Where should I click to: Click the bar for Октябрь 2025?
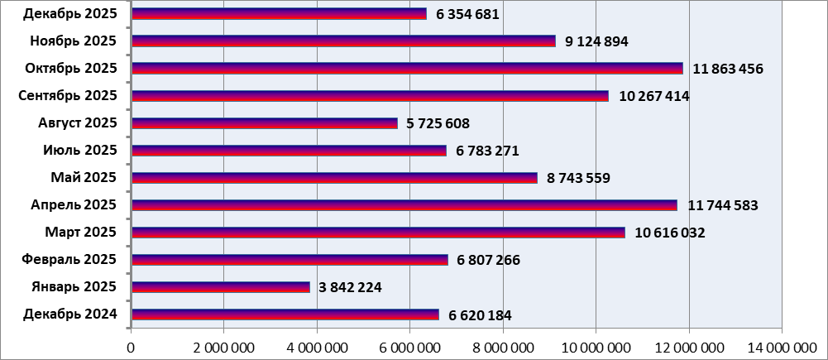tap(407, 68)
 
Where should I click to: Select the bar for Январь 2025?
tap(220, 287)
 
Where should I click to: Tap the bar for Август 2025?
tap(264, 123)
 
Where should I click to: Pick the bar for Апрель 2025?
tap(404, 205)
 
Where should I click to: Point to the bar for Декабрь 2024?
tap(285, 314)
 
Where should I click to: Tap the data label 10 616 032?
tap(670, 233)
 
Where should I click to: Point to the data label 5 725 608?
tap(438, 123)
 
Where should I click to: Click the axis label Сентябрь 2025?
tap(68, 95)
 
